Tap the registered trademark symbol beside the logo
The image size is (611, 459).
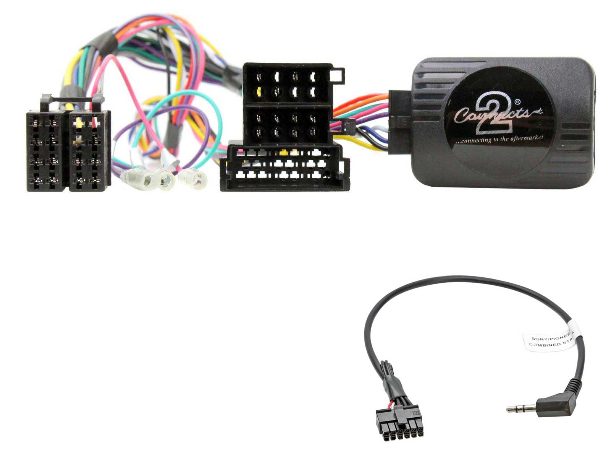pos(517,102)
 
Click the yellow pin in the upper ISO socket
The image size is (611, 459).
pos(259,91)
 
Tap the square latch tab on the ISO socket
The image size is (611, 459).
pos(338,75)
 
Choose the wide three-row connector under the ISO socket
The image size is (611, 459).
pos(284,166)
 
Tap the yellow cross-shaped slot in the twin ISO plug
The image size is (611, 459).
pos(79,122)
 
